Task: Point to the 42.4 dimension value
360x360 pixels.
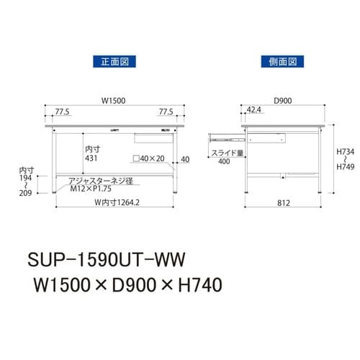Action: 253,110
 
